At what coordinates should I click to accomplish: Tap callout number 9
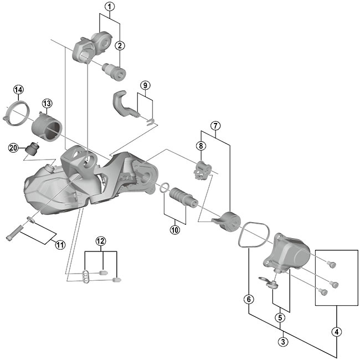click(145, 85)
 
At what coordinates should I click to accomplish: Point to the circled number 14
click(19, 90)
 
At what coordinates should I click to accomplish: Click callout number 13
click(46, 104)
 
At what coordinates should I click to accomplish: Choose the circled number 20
click(13, 147)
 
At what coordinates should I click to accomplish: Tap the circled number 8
click(200, 146)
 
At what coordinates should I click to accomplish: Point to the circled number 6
click(249, 299)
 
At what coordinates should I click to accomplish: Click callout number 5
click(281, 317)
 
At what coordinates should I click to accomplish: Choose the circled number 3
click(284, 342)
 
